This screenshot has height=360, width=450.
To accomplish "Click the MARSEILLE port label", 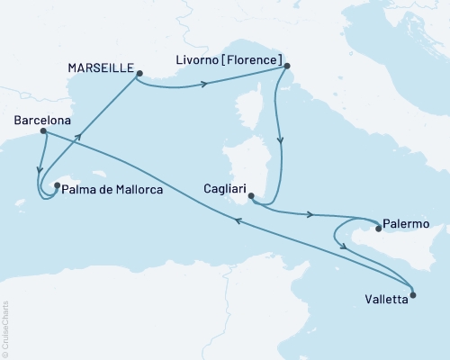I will (x=100, y=68).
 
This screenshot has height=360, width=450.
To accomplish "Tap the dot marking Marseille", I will (x=139, y=75).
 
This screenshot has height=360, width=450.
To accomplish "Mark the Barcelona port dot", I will (x=42, y=131).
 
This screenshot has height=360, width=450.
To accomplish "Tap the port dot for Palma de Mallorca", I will (x=56, y=187).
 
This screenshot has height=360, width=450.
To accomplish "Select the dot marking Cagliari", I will (x=251, y=196).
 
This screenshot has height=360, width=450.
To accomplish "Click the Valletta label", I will (x=385, y=301).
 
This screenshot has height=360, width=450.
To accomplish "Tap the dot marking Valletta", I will (x=413, y=294).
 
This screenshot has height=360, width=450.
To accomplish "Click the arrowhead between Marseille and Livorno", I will (x=206, y=85).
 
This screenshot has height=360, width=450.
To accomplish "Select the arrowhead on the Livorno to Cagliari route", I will (x=282, y=140).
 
